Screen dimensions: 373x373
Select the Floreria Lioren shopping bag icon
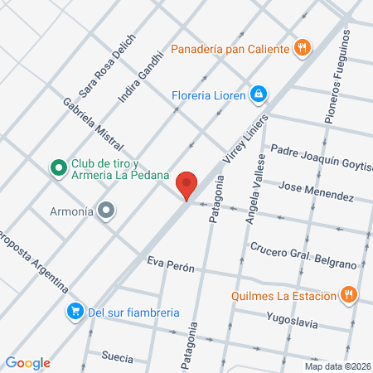tap(259, 94)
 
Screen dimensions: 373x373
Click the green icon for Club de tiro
tap(58, 168)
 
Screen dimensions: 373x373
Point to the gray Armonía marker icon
tap(105, 211)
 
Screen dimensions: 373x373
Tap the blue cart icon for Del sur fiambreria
tap(75, 312)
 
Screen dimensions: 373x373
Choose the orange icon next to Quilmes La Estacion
tap(351, 294)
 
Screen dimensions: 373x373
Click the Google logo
tap(27, 362)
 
